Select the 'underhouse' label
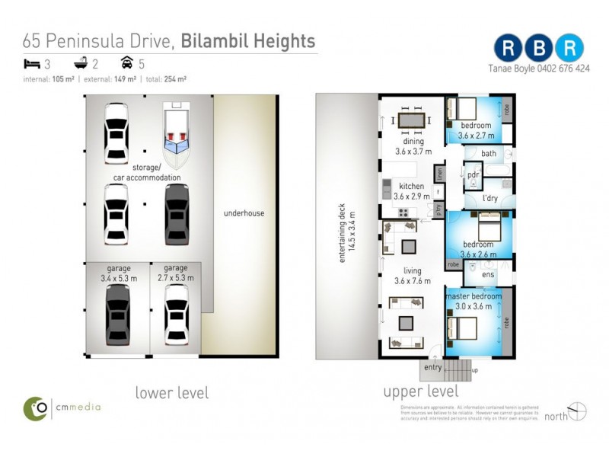244,213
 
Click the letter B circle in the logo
539,47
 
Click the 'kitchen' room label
412,187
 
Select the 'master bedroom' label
473,296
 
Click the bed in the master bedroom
462,328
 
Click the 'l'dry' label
490,199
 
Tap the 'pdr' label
473,174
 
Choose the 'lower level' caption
171,393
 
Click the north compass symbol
577,412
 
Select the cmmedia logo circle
36,407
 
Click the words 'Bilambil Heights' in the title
248,40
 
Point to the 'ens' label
489,275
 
